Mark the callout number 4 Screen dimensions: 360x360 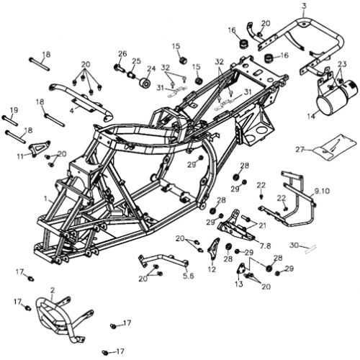coord(72,110)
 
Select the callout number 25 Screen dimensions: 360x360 coord(136,61)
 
